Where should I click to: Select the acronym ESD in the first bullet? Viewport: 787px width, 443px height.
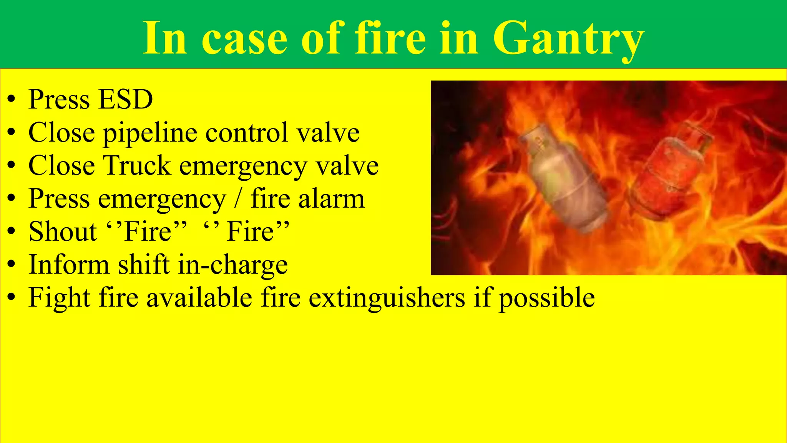pyautogui.click(x=125, y=100)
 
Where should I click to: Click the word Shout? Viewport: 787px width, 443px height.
pyautogui.click(x=63, y=232)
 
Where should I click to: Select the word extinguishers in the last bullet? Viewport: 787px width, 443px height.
pyautogui.click(x=387, y=298)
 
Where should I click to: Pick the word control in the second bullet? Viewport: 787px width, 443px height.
pyautogui.click(x=247, y=133)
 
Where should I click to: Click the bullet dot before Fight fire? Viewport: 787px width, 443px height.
pyautogui.click(x=12, y=298)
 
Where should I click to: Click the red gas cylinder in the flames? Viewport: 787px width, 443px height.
pyautogui.click(x=669, y=173)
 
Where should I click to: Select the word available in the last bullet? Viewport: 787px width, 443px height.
pyautogui.click(x=199, y=298)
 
